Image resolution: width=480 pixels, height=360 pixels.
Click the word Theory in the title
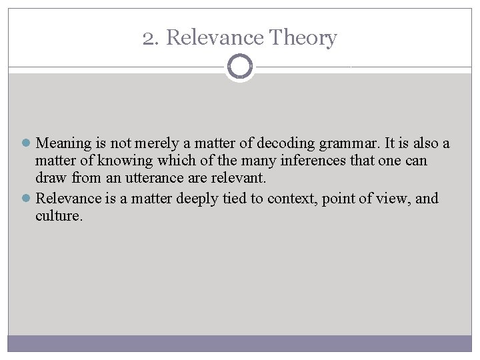[x=303, y=39]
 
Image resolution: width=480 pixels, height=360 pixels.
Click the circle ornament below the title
[x=240, y=67]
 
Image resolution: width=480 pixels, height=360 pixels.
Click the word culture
[x=59, y=217]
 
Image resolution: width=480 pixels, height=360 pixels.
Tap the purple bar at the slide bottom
[x=240, y=343]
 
